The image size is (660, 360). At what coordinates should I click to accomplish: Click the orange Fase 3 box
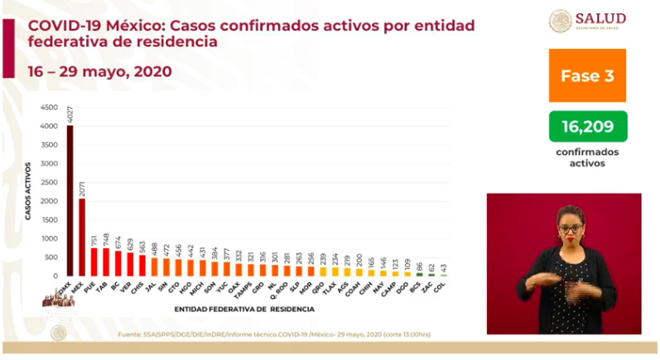point(586,75)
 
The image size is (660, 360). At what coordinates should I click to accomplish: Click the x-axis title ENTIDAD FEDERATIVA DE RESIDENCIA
point(244,309)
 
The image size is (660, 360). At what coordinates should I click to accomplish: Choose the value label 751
point(94,240)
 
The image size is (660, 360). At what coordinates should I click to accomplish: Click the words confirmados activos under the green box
point(587,157)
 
